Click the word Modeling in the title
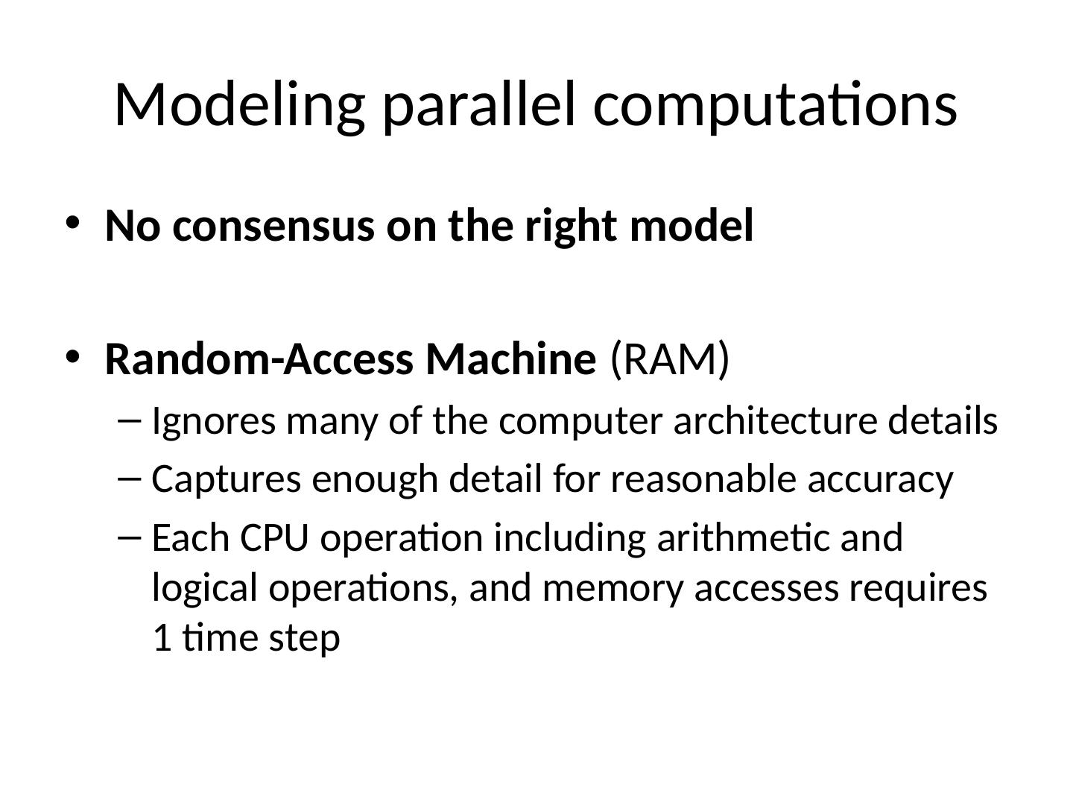pyautogui.click(x=239, y=105)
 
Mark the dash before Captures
pyautogui.click(x=128, y=478)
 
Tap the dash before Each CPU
pyautogui.click(x=128, y=536)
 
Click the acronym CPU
pyautogui.click(x=274, y=538)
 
